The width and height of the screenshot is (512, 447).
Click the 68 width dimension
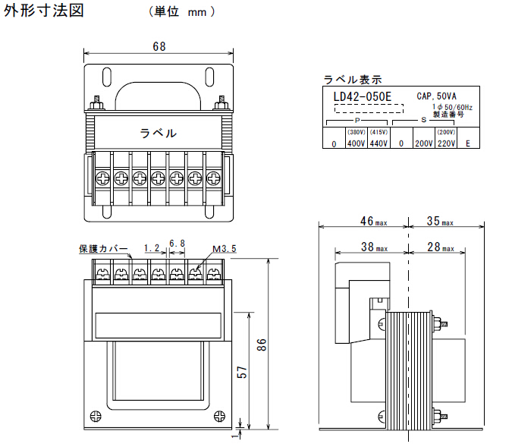pyautogui.click(x=159, y=46)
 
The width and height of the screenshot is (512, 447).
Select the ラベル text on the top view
pyautogui.click(x=159, y=133)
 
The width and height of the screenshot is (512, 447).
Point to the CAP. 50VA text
pyautogui.click(x=435, y=96)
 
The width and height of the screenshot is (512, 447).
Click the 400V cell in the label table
pyautogui.click(x=356, y=143)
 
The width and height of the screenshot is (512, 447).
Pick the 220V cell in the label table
pyautogui.click(x=446, y=143)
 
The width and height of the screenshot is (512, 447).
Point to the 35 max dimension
pyautogui.click(x=440, y=222)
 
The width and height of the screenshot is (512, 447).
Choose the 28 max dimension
pyautogui.click(x=440, y=247)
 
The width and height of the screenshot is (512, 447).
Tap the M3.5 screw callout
pyautogui.click(x=225, y=248)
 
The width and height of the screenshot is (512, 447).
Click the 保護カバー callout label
pyautogui.click(x=103, y=248)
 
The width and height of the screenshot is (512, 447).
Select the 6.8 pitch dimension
pyautogui.click(x=177, y=244)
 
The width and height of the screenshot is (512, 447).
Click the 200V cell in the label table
pyautogui.click(x=423, y=143)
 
